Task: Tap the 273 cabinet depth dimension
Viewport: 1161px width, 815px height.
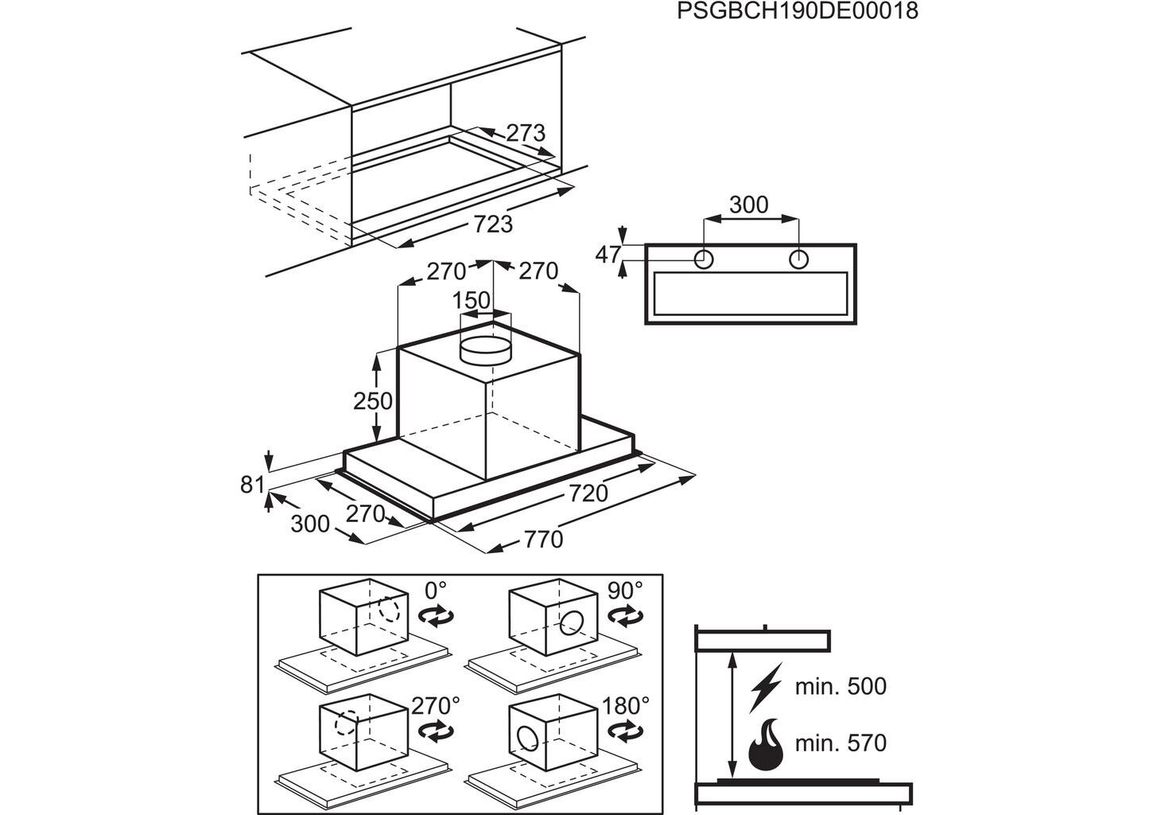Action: coord(526,133)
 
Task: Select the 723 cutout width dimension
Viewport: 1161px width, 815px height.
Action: coord(493,224)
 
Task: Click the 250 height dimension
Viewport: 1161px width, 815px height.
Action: coord(373,400)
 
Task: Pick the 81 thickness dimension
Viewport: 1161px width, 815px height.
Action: coord(252,484)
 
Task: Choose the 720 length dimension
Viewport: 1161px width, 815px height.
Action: coord(588,493)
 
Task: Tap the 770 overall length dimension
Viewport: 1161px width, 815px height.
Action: coord(543,540)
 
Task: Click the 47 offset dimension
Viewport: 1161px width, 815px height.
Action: coord(608,255)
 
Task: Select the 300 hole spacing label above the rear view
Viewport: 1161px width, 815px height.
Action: coord(749,205)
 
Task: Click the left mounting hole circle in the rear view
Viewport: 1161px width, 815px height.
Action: coord(704,259)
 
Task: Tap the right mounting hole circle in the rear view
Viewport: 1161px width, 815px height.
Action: coord(799,259)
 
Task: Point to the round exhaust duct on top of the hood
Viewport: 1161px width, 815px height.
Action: coord(486,348)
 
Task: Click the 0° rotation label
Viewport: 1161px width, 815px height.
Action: coord(436,591)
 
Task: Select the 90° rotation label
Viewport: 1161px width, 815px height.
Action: coord(625,591)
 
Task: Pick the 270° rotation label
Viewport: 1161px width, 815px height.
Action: coord(436,705)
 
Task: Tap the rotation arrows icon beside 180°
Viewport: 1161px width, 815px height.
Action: coord(626,731)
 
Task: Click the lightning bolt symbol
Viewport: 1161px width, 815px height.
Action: coord(766,687)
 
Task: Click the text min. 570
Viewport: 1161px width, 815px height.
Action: coord(841,743)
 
